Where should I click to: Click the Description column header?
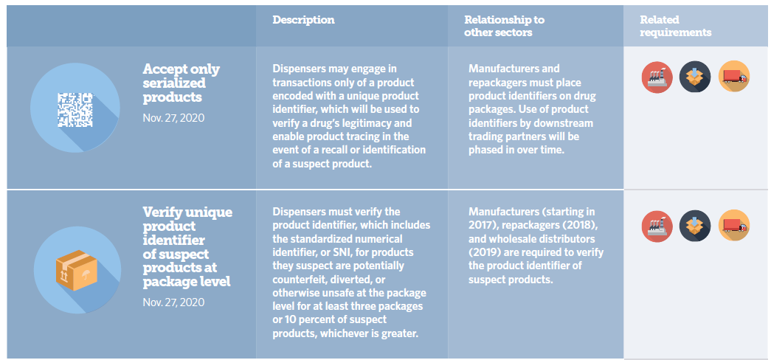pyautogui.click(x=303, y=20)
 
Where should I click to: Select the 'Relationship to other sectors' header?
pyautogui.click(x=498, y=26)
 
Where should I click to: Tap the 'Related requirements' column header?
pyautogui.click(x=675, y=26)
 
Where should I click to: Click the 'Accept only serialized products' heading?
pyautogui.click(x=181, y=83)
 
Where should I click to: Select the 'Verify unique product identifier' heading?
pyautogui.click(x=187, y=246)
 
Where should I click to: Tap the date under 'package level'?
pyautogui.click(x=173, y=302)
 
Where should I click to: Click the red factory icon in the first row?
pyautogui.click(x=657, y=76)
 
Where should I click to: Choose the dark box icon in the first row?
pyautogui.click(x=695, y=76)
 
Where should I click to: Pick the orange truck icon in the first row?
pyautogui.click(x=733, y=76)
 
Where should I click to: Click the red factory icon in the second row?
pyautogui.click(x=657, y=226)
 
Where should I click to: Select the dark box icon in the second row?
pyautogui.click(x=695, y=226)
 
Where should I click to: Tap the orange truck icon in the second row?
pyautogui.click(x=733, y=226)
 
